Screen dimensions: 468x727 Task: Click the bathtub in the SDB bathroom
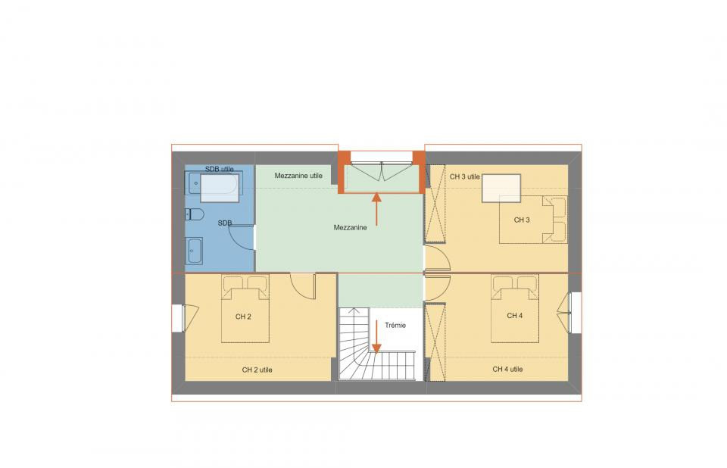click(x=214, y=186)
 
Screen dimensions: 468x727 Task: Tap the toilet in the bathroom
click(x=193, y=214)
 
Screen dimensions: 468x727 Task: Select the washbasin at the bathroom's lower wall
click(x=194, y=251)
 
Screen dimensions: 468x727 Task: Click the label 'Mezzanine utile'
click(x=298, y=176)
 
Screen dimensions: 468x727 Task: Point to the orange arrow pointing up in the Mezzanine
click(x=376, y=211)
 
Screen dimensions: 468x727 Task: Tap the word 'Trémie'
click(x=395, y=326)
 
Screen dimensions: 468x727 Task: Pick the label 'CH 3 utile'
click(x=465, y=177)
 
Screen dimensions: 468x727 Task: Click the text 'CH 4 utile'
click(x=507, y=370)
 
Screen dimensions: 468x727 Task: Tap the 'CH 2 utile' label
click(x=257, y=370)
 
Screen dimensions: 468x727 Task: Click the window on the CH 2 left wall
click(x=179, y=317)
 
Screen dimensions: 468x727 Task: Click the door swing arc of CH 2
click(x=303, y=288)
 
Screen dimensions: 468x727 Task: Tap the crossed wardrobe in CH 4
click(x=435, y=341)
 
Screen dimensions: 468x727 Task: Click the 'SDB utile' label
click(x=219, y=168)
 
